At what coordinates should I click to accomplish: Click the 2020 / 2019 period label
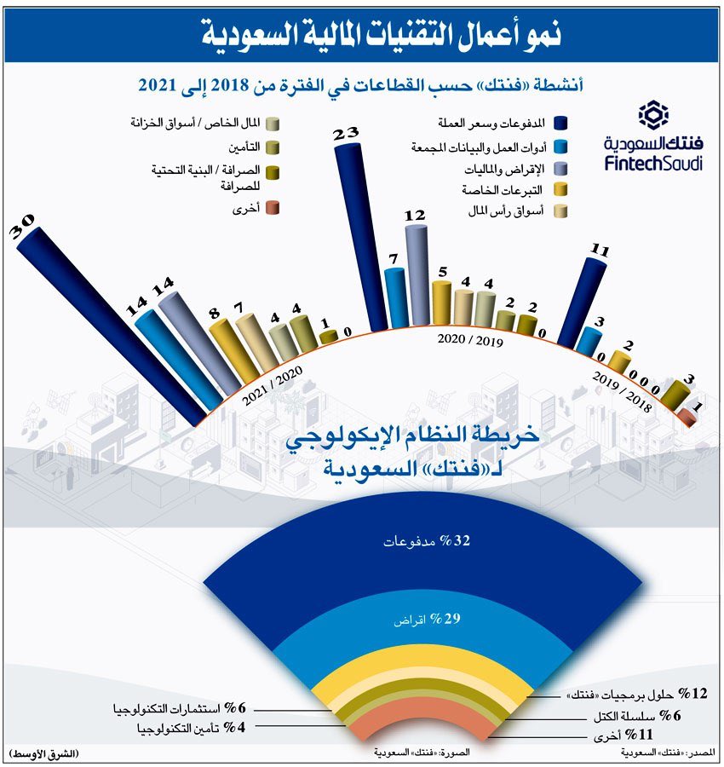(470, 341)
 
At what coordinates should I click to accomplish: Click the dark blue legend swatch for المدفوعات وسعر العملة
(560, 124)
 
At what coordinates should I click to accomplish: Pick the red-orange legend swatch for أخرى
(272, 208)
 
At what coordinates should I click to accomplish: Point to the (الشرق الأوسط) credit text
(43, 754)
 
